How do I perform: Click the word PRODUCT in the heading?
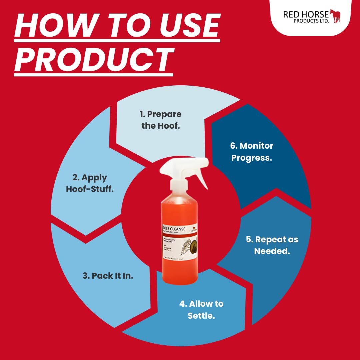(94, 60)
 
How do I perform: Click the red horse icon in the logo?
(335, 16)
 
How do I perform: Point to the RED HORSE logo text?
(306, 14)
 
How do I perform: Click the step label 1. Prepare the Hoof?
(160, 120)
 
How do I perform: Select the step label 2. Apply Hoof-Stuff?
(90, 183)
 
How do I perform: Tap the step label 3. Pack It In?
(108, 276)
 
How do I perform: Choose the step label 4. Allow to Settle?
(201, 310)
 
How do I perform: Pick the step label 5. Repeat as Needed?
(272, 245)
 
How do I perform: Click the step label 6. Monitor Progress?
(252, 152)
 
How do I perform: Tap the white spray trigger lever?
(200, 177)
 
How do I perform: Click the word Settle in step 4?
(201, 316)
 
